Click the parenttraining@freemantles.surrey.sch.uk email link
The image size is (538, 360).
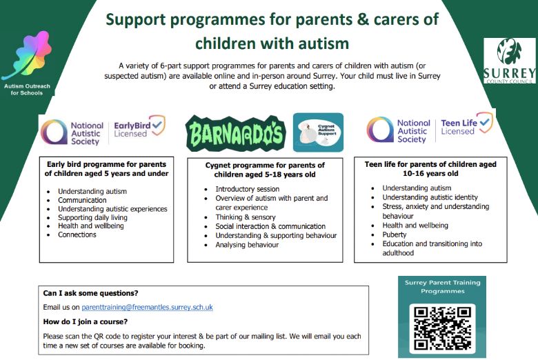pos(147,307)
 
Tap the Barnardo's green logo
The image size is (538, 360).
pos(235,132)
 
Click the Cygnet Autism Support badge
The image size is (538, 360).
pos(318,132)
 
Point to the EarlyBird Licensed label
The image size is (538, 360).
pos(139,129)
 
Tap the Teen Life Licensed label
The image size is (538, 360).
pos(467,127)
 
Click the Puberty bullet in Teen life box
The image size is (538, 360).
pos(394,234)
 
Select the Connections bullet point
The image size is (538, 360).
pos(77,235)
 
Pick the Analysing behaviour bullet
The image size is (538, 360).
pos(247,245)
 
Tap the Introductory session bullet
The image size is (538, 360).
pos(248,189)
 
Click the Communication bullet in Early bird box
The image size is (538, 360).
pos(82,200)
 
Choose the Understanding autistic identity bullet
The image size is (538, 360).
pos(430,197)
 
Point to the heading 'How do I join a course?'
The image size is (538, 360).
pos(85,321)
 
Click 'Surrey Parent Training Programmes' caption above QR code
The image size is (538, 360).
pos(441,287)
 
